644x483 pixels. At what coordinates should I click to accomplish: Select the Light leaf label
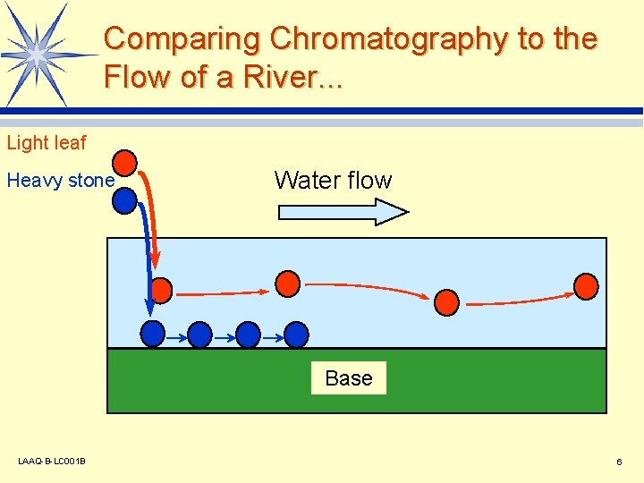coord(47,143)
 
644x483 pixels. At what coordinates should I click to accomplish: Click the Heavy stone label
coord(61,181)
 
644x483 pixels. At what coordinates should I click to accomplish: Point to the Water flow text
coord(333,181)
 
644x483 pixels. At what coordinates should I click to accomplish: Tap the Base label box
coord(349,378)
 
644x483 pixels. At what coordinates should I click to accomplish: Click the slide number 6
coord(619,462)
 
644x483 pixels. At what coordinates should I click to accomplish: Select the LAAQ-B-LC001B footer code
coord(52,462)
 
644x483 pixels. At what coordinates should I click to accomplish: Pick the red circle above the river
coord(126,163)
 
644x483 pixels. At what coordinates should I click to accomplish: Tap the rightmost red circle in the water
coord(586,286)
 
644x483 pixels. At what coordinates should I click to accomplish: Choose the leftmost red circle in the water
coord(160,291)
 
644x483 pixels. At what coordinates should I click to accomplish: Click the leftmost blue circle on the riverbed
coord(153,334)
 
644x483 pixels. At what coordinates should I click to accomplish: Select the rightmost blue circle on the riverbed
coord(296,335)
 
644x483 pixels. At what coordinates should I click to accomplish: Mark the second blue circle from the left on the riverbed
coord(200,335)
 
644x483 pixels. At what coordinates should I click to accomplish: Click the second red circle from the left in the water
coord(287,284)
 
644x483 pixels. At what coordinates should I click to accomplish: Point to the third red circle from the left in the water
coord(446,301)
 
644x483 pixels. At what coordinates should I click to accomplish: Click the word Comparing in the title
coord(182,39)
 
